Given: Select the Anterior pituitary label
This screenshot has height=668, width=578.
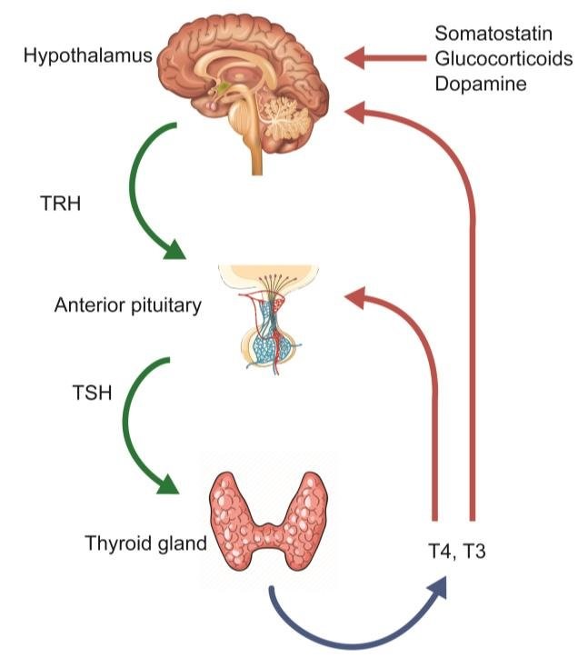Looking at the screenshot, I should (x=127, y=305).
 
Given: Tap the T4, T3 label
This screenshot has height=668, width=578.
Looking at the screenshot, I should (x=451, y=550).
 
